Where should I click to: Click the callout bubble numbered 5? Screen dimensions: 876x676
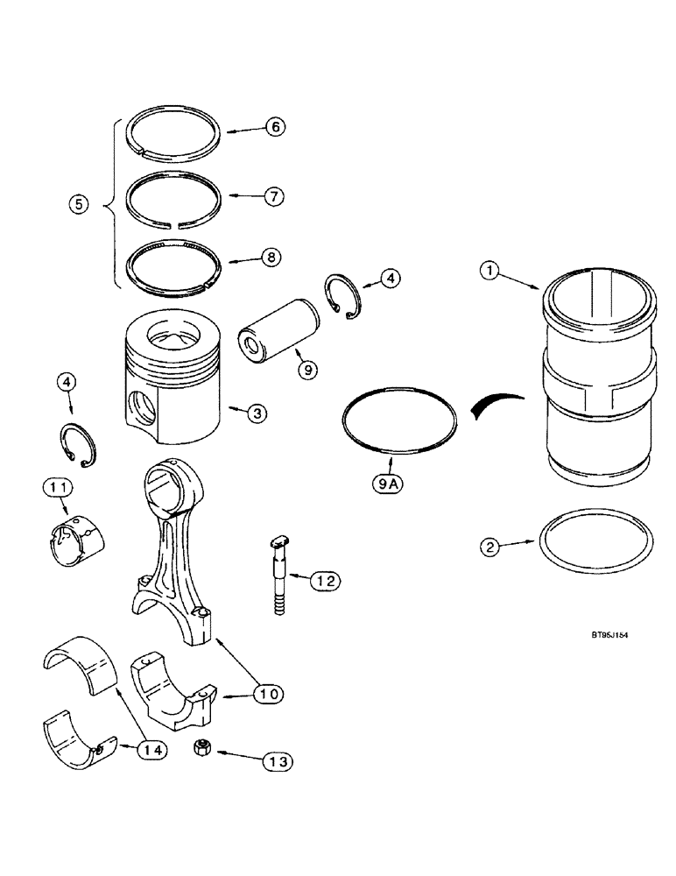(80, 206)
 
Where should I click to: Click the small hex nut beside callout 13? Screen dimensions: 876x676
(200, 750)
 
